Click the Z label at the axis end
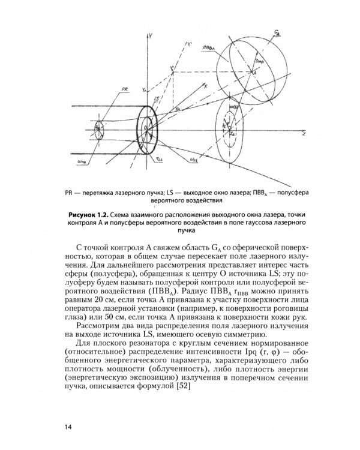click(304, 136)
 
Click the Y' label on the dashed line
click(190, 44)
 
